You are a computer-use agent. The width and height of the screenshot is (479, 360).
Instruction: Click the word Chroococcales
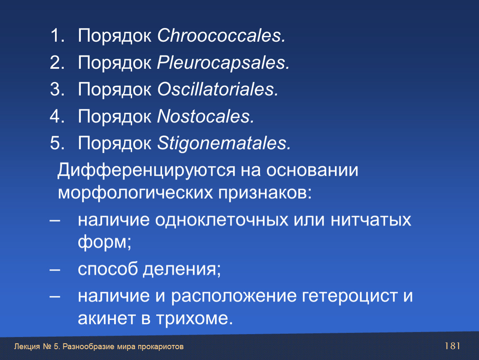221,35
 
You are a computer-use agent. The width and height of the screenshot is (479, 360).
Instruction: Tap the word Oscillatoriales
217,89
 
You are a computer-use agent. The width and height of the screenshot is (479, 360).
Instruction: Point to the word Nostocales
205,116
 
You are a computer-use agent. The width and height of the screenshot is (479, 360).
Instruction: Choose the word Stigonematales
224,143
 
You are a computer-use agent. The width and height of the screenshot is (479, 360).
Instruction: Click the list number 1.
57,35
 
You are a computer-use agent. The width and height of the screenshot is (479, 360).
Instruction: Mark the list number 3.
57,89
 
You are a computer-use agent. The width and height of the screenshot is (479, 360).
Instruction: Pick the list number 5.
57,143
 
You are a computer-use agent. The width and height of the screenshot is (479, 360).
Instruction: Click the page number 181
452,346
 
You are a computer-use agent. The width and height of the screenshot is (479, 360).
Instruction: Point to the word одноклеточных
222,220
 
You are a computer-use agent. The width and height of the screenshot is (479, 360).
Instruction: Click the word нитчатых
371,220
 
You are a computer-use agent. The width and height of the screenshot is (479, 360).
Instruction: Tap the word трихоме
194,318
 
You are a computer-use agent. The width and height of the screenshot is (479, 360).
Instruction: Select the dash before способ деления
55,270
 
